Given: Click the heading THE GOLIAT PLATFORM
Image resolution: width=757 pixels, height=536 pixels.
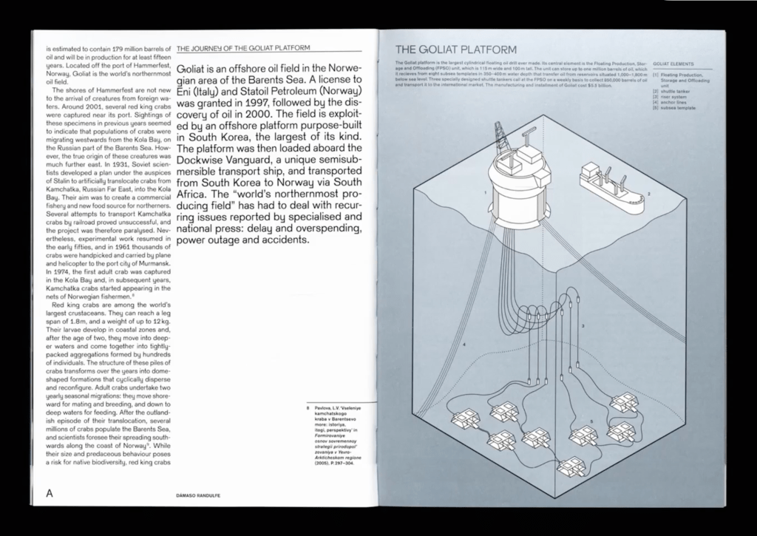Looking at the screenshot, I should coord(456,50).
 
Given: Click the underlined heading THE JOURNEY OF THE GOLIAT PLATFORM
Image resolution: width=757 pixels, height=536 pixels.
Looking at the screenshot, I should coord(244,48).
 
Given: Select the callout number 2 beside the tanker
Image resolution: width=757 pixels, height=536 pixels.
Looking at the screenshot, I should coord(648,194).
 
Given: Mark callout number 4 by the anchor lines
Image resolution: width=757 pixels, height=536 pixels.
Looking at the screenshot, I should coord(464,345).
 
